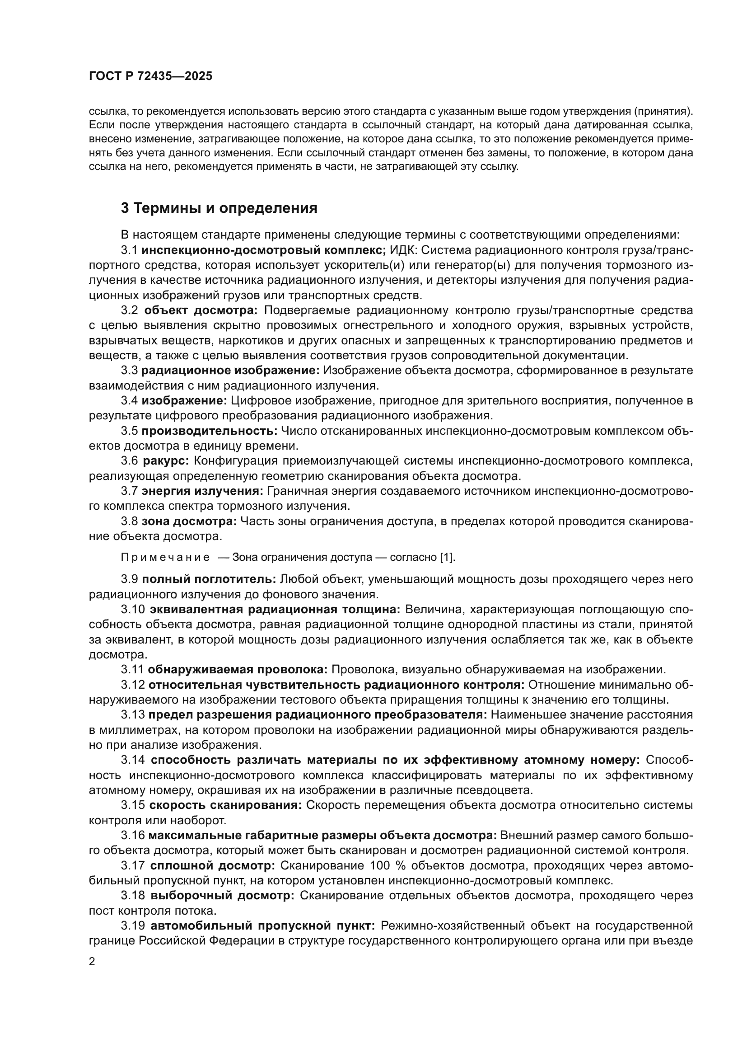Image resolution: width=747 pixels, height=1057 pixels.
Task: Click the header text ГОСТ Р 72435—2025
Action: (150, 76)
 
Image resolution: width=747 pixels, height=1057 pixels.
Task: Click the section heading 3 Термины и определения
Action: (219, 208)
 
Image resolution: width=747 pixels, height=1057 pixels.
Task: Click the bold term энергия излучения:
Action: (202, 492)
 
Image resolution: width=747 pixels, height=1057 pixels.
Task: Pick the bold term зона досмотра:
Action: (189, 521)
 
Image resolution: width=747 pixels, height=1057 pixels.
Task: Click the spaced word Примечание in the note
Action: (165, 558)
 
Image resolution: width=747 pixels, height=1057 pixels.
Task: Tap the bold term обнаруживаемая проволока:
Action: (238, 670)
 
